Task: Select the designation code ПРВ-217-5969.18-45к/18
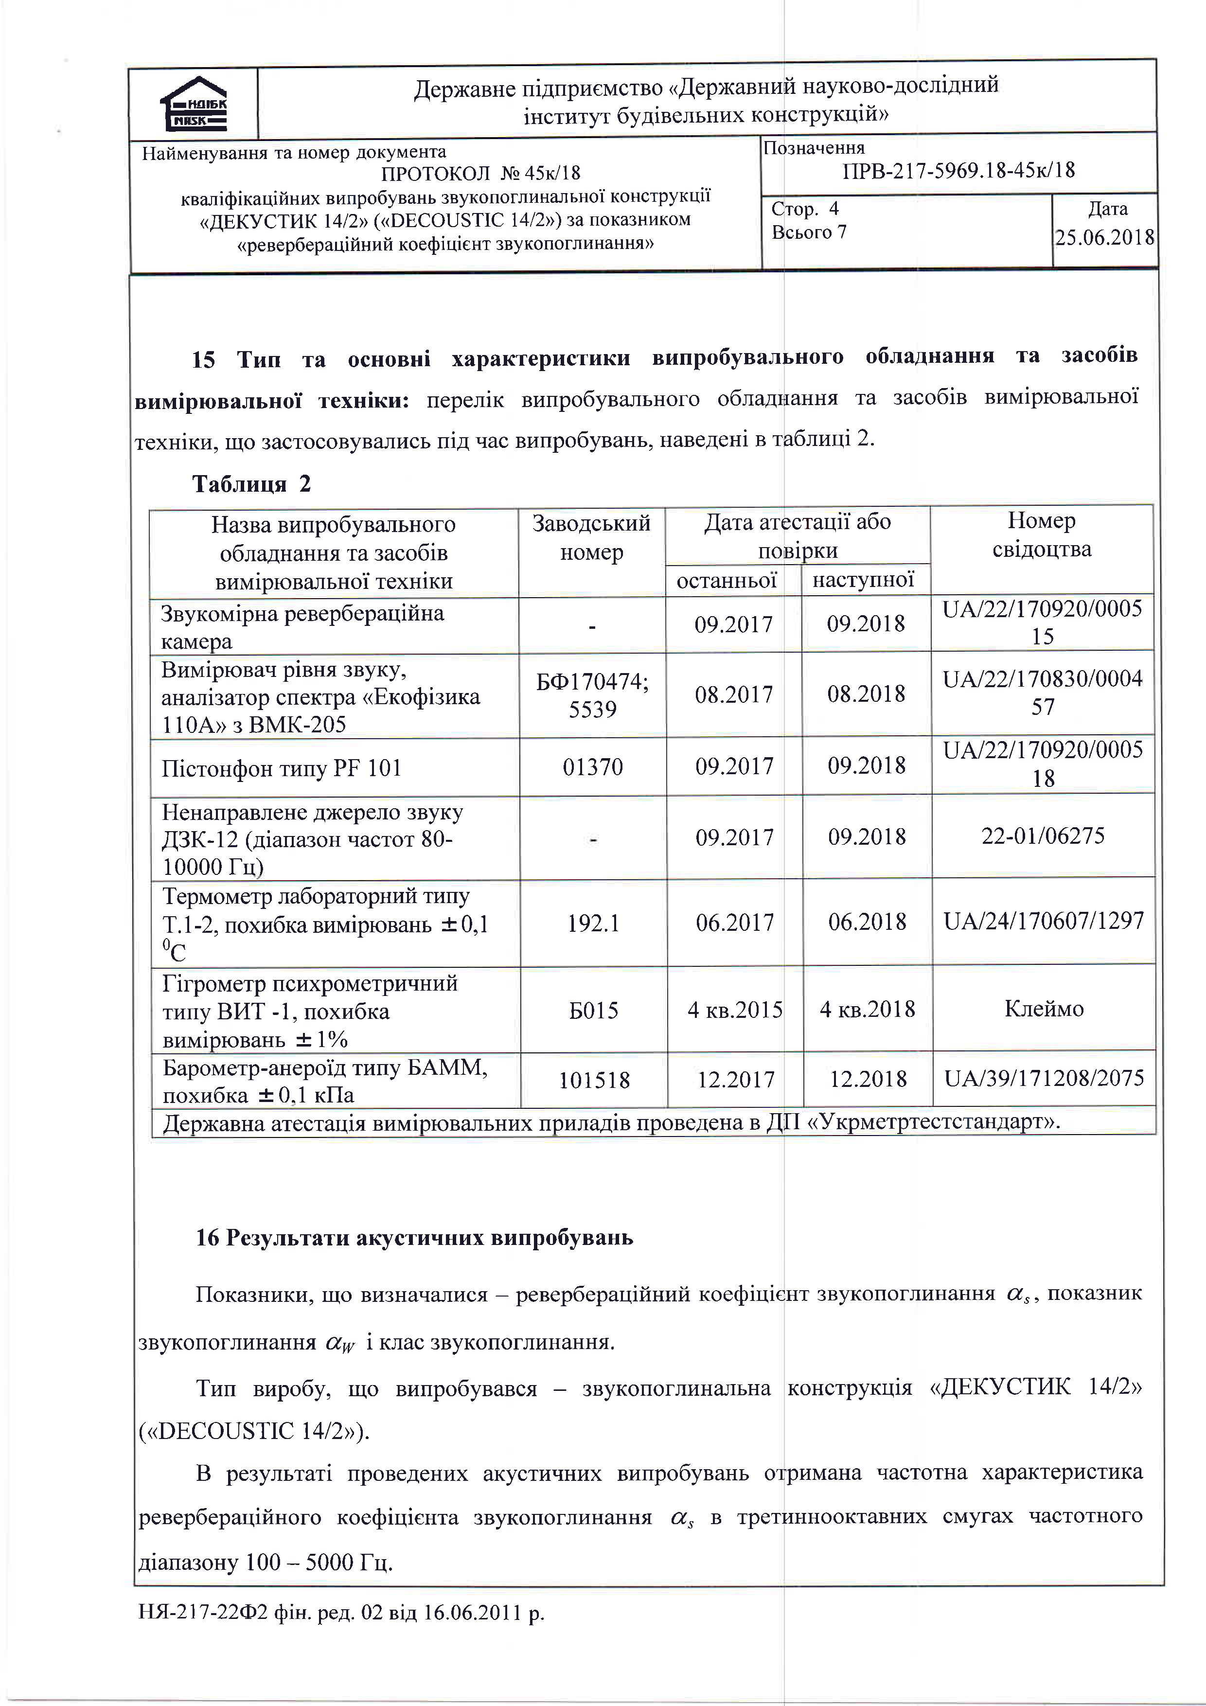(x=958, y=171)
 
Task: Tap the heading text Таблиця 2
(x=251, y=484)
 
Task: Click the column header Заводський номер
(x=591, y=538)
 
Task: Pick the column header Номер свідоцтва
(x=1042, y=535)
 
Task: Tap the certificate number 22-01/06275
(x=1043, y=836)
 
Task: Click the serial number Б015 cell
(x=594, y=1011)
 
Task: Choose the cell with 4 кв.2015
(x=735, y=1010)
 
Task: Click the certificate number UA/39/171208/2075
(x=1044, y=1078)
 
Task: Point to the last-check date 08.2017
(x=734, y=695)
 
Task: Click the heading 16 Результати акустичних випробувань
(x=414, y=1237)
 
